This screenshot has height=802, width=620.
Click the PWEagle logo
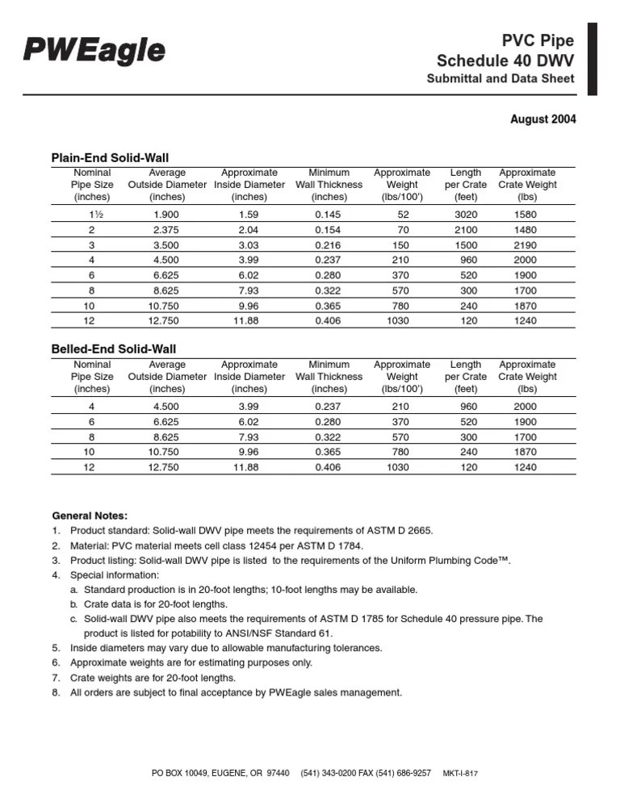pos(94,51)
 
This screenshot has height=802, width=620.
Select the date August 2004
pos(542,119)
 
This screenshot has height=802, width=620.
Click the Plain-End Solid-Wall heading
pos(110,157)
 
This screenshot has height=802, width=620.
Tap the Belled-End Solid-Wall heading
pos(114,349)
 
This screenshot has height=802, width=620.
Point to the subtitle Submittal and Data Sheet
pos(501,78)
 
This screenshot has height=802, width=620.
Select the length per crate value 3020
pos(465,215)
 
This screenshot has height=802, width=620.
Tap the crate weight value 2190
pos(526,245)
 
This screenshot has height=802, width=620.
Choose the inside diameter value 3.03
pos(248,245)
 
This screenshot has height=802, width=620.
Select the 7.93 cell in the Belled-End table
pos(248,437)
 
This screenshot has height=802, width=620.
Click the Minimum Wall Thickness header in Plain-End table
pos(329,185)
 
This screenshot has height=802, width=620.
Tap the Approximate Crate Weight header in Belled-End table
pos(527,377)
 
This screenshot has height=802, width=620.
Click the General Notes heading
pos(90,516)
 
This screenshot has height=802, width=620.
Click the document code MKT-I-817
pos(461,773)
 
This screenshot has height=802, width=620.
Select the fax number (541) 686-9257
pos(393,773)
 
